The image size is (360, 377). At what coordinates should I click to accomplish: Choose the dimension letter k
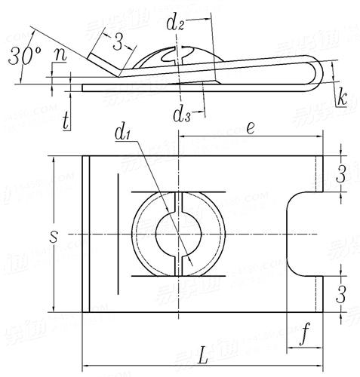click(342, 97)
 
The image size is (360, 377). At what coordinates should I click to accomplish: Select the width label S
click(52, 236)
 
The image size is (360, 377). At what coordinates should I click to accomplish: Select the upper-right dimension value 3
click(341, 174)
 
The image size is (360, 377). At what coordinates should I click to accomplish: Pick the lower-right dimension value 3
click(341, 292)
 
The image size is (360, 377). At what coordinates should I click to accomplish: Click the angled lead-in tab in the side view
click(102, 63)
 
